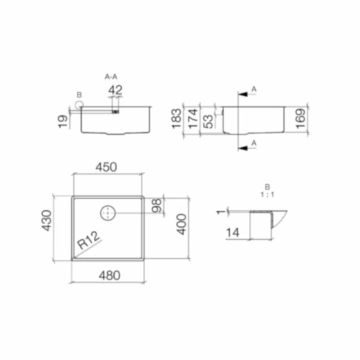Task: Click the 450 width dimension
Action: click(x=106, y=167)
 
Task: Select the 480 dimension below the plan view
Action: click(x=109, y=275)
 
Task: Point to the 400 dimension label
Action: click(x=181, y=224)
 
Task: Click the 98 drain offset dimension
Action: click(x=157, y=206)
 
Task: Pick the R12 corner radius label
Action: click(x=89, y=240)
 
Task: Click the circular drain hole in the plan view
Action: click(x=108, y=213)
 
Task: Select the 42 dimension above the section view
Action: click(x=115, y=90)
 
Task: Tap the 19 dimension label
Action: click(x=63, y=121)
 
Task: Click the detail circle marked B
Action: click(x=79, y=105)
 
